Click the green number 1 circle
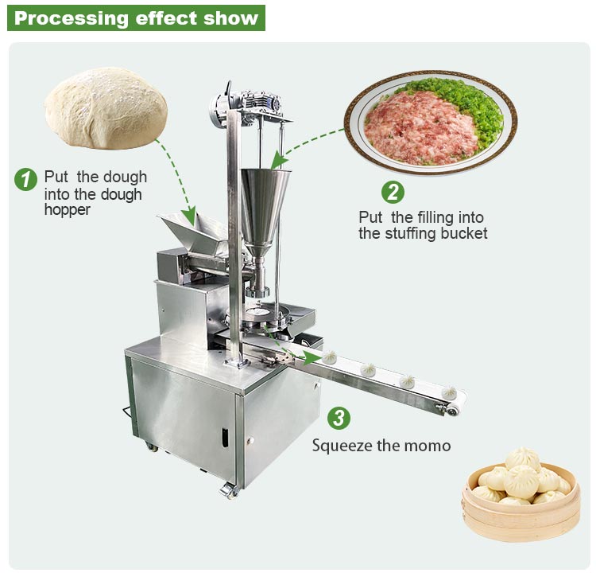(26, 178)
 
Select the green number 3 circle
(339, 418)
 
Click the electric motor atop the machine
(226, 107)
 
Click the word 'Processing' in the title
(64, 18)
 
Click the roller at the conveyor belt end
(453, 410)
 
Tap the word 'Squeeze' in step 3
(340, 445)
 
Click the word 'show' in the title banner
(231, 18)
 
